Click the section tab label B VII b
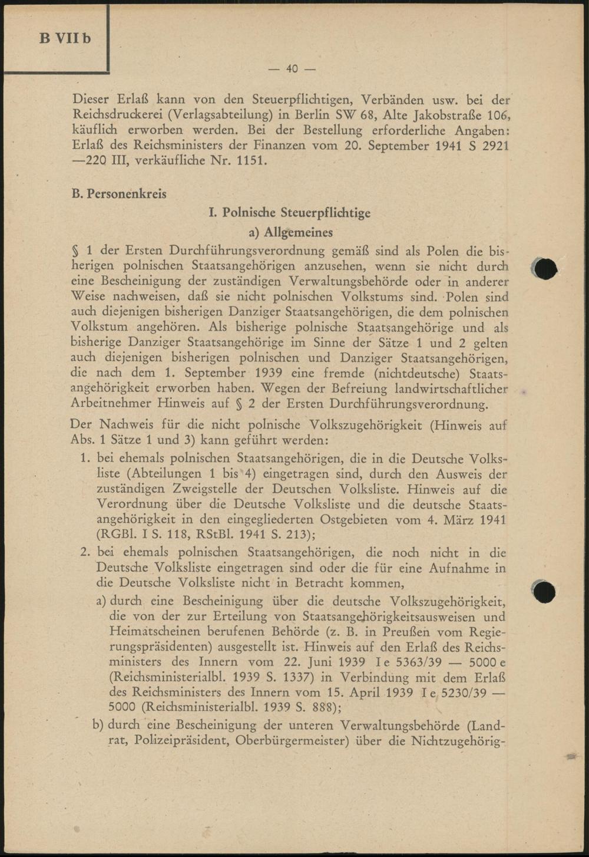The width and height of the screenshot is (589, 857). click(65, 39)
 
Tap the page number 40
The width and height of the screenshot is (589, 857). click(292, 69)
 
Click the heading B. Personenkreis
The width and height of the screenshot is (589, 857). click(118, 194)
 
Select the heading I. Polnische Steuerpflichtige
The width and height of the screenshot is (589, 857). click(289, 213)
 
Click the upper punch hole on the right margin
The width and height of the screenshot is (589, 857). click(544, 269)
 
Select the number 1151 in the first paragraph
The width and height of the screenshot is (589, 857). click(250, 160)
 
